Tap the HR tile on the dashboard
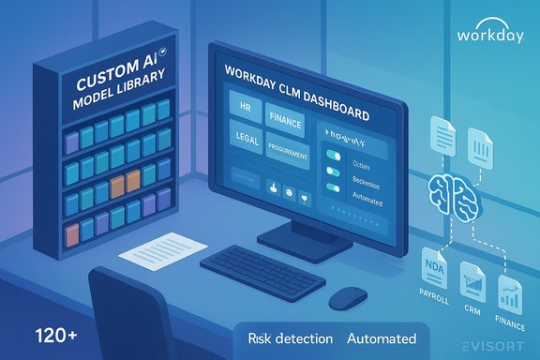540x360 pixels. coord(245,109)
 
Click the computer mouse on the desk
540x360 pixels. coord(348,297)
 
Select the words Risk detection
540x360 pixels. coord(288,337)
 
